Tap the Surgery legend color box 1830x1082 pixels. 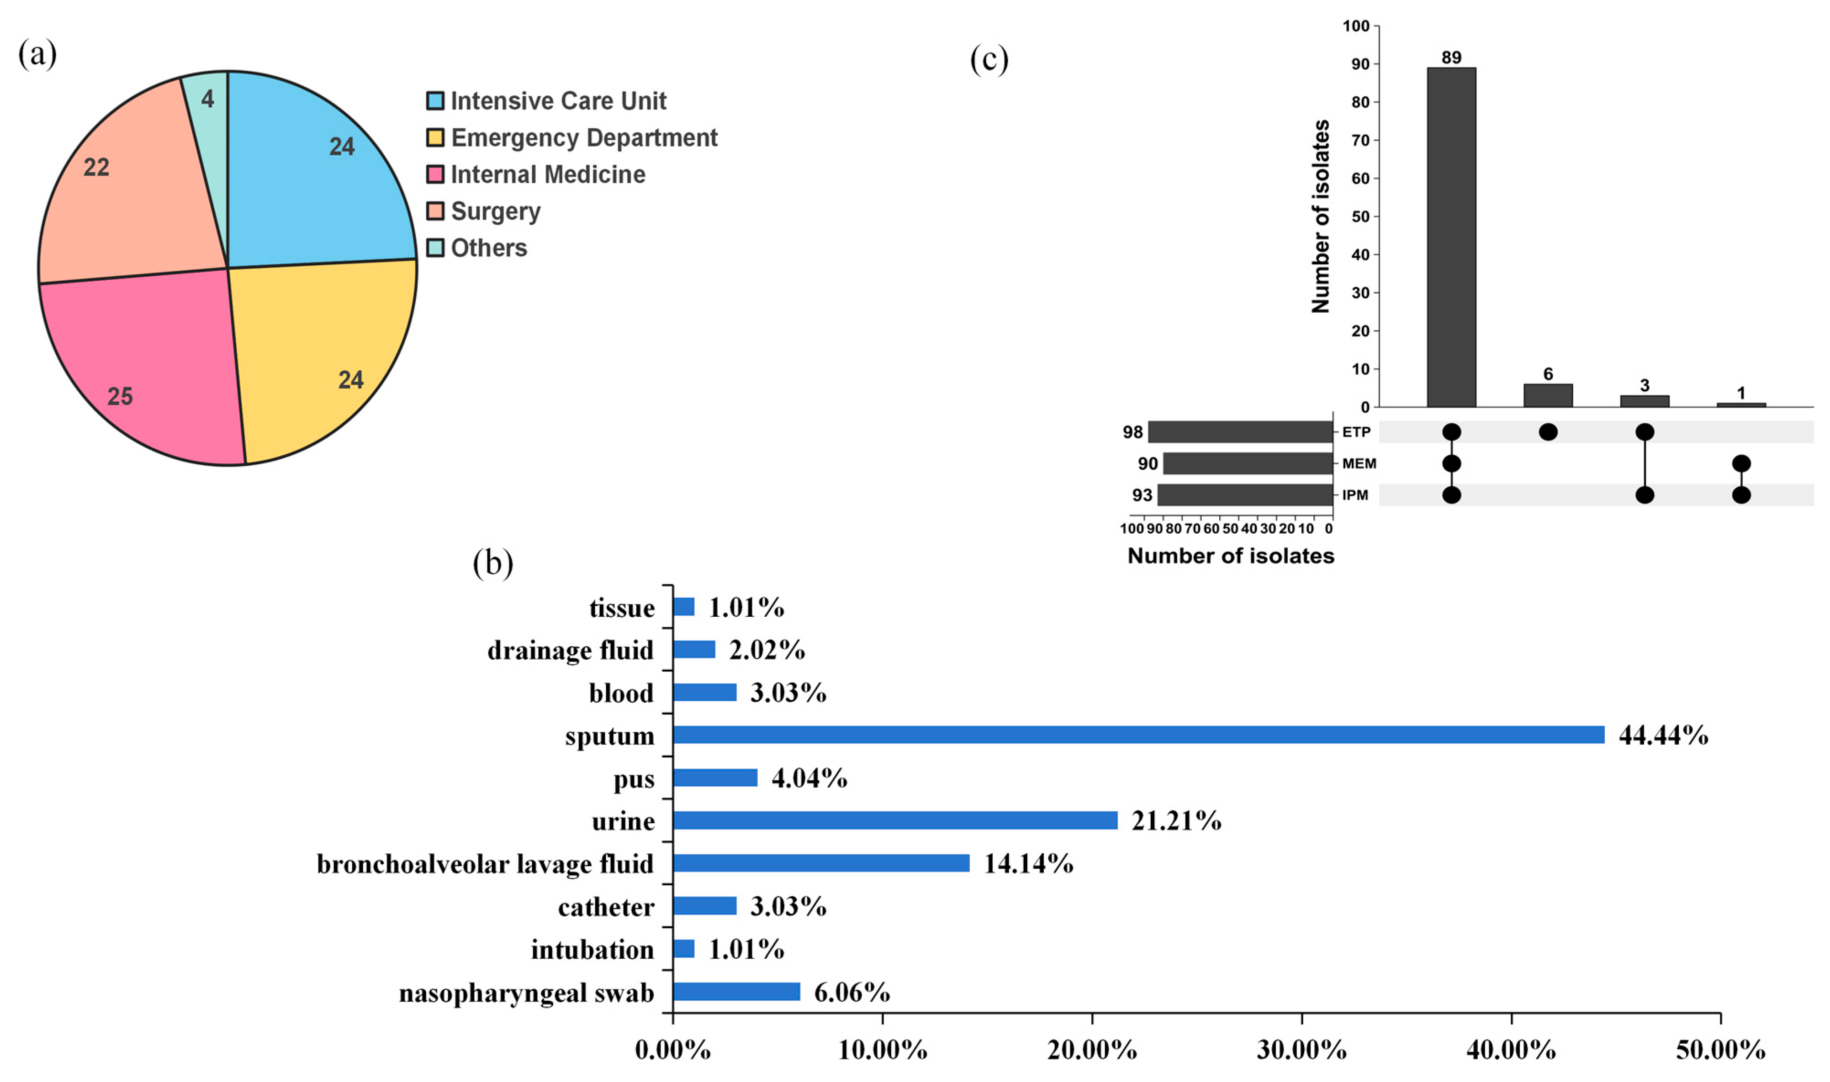(435, 211)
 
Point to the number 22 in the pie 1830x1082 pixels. (96, 168)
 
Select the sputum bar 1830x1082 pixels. (1138, 735)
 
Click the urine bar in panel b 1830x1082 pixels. (895, 820)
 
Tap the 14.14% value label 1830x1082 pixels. (1028, 863)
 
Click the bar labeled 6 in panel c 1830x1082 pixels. (1548, 395)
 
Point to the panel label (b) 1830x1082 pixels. (493, 563)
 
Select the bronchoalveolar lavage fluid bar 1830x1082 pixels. (821, 863)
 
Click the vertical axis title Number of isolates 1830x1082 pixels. (1320, 216)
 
